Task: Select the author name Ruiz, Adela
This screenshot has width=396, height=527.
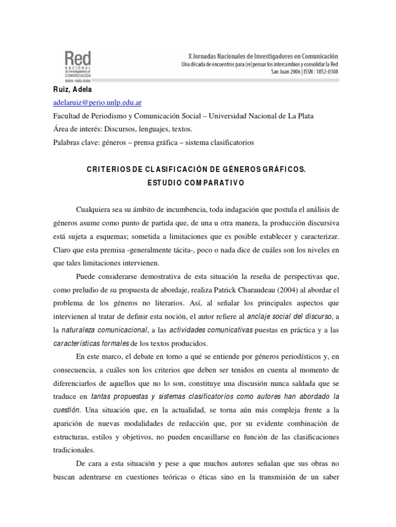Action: tap(73, 90)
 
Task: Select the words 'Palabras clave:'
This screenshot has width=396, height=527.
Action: tap(73, 142)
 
